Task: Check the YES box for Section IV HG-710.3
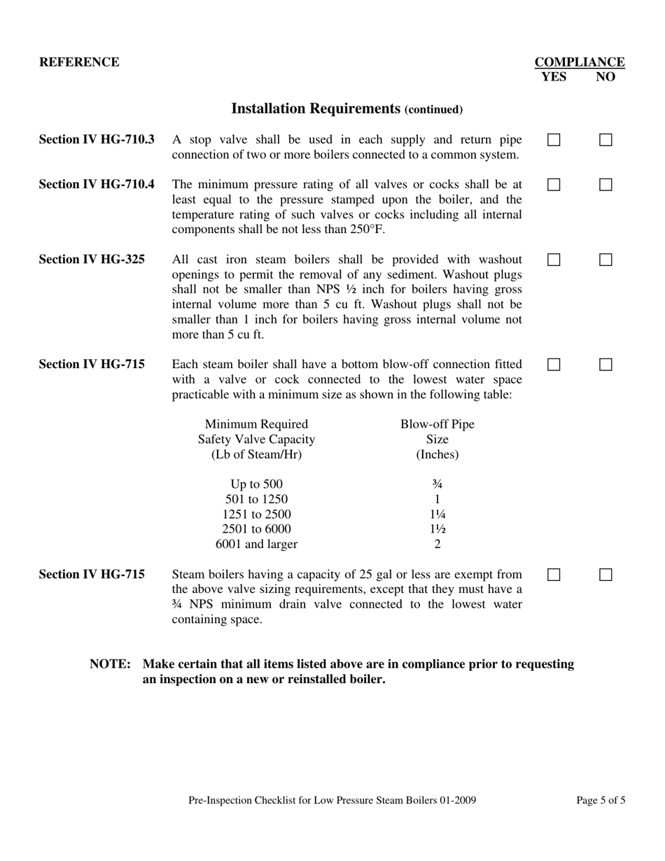554,140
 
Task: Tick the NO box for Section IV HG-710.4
605,185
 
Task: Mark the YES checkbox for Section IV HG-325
554,260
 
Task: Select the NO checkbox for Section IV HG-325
605,260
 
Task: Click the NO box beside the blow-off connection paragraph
605,365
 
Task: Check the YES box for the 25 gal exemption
554,575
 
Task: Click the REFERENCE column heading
79,62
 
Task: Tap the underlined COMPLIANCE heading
580,62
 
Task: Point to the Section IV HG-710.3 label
97,139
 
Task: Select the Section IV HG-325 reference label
92,259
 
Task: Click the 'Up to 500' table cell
256,484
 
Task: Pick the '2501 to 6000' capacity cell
256,529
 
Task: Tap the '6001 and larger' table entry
256,544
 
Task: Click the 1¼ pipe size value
437,514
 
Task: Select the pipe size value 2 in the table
437,544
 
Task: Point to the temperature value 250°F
367,230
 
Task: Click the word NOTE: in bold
110,664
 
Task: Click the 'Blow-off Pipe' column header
437,424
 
